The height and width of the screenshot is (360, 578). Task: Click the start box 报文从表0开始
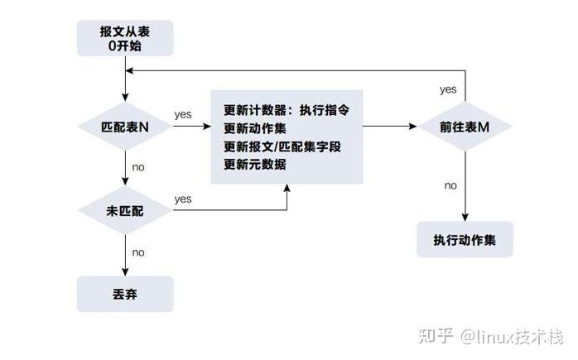pyautogui.click(x=124, y=39)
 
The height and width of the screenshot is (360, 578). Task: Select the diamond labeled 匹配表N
pyautogui.click(x=124, y=128)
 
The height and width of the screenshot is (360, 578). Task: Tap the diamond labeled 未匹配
pyautogui.click(x=124, y=211)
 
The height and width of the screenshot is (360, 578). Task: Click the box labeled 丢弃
pyautogui.click(x=124, y=294)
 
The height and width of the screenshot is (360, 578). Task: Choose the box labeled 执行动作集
pyautogui.click(x=465, y=240)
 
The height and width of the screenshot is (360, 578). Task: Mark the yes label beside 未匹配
pyautogui.click(x=183, y=199)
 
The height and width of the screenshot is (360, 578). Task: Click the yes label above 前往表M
pyautogui.click(x=448, y=89)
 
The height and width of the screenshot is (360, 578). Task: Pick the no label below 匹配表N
pyautogui.click(x=138, y=167)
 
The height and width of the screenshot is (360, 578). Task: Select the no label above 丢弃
pyautogui.click(x=138, y=252)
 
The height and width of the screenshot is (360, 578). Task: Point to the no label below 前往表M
pyautogui.click(x=450, y=185)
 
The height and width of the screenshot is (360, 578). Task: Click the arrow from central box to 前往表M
pyautogui.click(x=389, y=127)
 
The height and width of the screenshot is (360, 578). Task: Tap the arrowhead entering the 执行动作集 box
pyautogui.click(x=465, y=217)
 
